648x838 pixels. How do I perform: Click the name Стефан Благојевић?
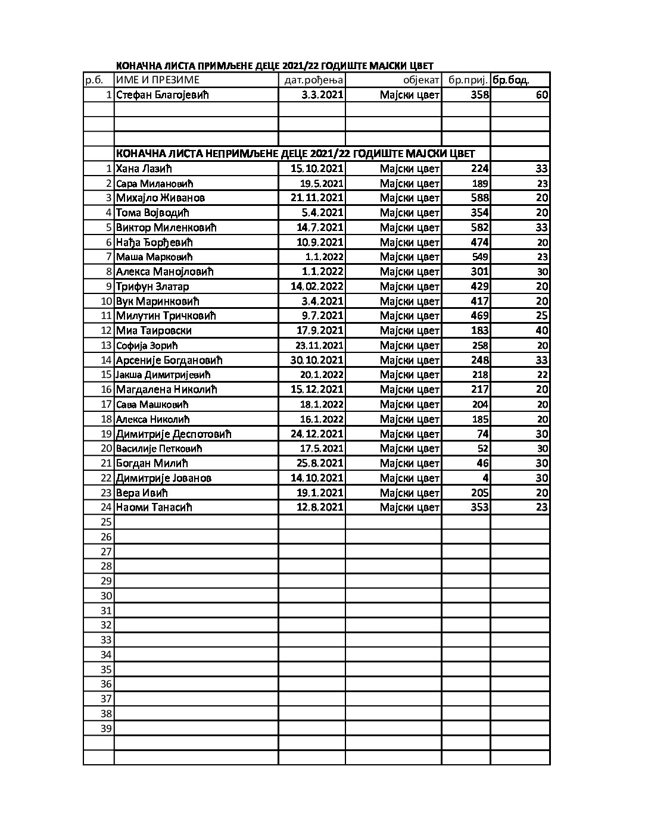tap(162, 95)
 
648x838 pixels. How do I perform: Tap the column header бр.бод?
tap(510, 80)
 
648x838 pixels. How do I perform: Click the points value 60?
tap(541, 95)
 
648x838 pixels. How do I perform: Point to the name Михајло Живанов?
tap(160, 198)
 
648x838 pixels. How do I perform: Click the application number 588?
tap(479, 198)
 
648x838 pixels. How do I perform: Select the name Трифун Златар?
tap(152, 286)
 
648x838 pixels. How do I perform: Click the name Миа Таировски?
tap(154, 330)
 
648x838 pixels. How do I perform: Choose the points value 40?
tap(541, 330)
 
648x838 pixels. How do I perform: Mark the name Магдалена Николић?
tap(166, 389)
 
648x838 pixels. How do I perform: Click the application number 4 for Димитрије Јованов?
tap(485, 478)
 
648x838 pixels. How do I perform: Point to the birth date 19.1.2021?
tap(320, 493)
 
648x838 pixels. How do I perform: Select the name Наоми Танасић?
tap(154, 507)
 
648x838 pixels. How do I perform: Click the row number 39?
tap(106, 728)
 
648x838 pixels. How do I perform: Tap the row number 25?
tap(106, 522)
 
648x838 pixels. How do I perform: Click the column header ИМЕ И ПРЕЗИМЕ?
tap(157, 80)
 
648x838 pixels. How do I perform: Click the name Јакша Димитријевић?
tap(163, 374)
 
